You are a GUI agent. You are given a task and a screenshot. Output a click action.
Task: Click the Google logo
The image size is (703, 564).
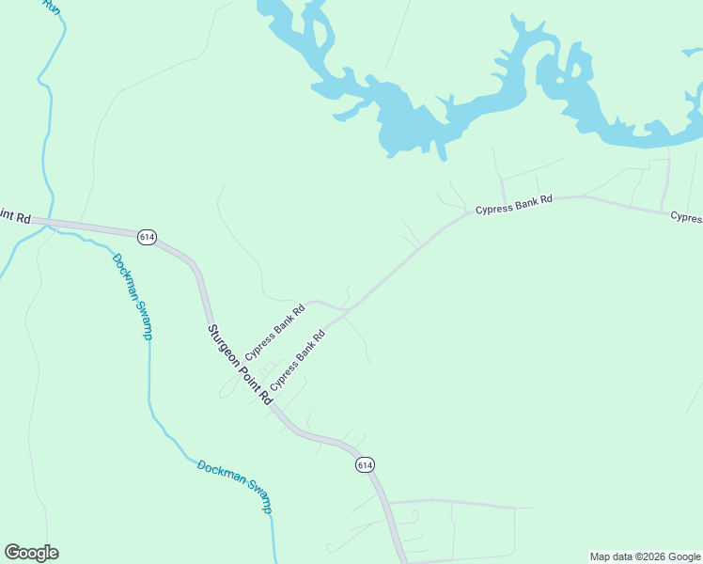[x=31, y=553]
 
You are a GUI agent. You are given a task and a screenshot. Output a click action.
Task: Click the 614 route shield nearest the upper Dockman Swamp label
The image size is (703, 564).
[x=146, y=237]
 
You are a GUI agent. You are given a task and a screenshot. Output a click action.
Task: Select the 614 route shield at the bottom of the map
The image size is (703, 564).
[x=366, y=464]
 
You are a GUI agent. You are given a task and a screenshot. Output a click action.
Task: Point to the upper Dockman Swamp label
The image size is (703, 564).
[x=132, y=296]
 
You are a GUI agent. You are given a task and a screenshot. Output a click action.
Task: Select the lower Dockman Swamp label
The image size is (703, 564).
[x=235, y=486]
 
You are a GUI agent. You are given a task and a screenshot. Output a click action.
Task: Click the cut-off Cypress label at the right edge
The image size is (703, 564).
[x=685, y=217]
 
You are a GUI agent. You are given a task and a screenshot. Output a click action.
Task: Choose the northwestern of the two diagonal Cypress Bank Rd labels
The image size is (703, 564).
[x=274, y=332]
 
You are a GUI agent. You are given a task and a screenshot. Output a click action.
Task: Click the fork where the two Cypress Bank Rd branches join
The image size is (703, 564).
[x=349, y=309]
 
